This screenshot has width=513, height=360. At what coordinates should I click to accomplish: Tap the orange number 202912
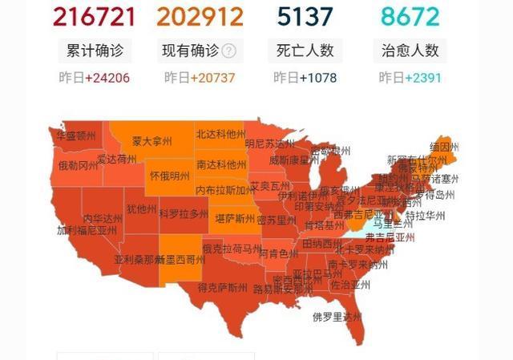200,16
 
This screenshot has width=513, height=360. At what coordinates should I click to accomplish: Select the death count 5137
305,16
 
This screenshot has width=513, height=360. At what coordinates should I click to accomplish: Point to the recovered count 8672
410,16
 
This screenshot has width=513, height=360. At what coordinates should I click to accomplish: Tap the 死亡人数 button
305,51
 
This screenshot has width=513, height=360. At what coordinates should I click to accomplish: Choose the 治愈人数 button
410,51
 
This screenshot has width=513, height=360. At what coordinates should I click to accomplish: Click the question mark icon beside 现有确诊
229,51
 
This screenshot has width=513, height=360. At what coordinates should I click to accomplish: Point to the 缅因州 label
443,148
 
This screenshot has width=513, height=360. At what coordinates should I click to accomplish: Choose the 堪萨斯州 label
232,219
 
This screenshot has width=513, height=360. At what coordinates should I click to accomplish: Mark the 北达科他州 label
221,134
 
